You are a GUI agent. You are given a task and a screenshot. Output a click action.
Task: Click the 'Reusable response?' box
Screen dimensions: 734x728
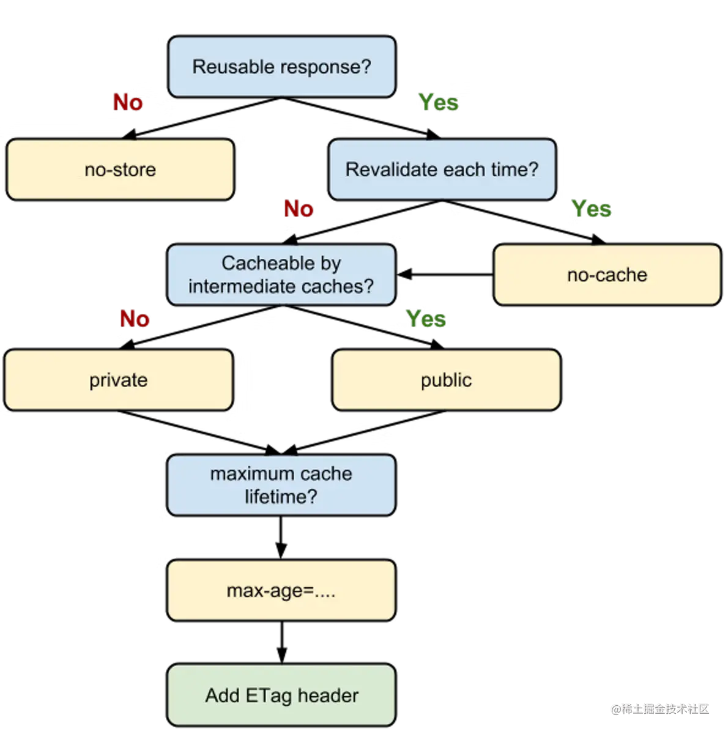(x=281, y=67)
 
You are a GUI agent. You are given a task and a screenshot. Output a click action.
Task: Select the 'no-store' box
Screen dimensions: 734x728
(x=120, y=169)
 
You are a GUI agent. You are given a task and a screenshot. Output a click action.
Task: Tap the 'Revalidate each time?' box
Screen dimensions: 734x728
(x=442, y=169)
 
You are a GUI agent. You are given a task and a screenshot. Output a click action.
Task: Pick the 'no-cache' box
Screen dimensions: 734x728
(x=607, y=275)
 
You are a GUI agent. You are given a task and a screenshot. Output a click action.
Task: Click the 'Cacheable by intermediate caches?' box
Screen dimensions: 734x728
(x=281, y=275)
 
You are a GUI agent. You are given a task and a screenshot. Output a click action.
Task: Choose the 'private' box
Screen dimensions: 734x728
(x=119, y=380)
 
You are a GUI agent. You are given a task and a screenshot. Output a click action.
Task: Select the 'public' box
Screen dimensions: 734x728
(x=446, y=380)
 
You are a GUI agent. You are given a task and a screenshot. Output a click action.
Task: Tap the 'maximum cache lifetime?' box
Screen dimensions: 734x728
(x=281, y=485)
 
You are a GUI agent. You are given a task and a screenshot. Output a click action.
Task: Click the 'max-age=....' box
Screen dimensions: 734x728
(x=281, y=590)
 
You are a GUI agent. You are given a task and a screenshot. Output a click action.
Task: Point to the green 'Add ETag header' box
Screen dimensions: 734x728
(x=281, y=695)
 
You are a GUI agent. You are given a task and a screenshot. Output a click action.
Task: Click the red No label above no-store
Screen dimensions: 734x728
(x=128, y=102)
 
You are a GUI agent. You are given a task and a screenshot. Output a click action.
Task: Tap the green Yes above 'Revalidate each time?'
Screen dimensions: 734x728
(x=438, y=102)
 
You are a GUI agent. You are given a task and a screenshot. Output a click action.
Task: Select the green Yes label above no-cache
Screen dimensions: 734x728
(x=591, y=209)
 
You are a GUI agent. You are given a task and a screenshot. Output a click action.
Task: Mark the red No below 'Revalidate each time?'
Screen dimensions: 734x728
(x=299, y=209)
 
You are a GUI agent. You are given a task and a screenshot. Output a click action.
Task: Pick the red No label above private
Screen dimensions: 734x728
(x=135, y=318)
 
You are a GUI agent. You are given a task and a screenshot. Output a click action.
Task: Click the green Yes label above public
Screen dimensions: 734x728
(x=426, y=318)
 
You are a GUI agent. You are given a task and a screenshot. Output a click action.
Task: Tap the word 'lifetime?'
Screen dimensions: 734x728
(x=281, y=497)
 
